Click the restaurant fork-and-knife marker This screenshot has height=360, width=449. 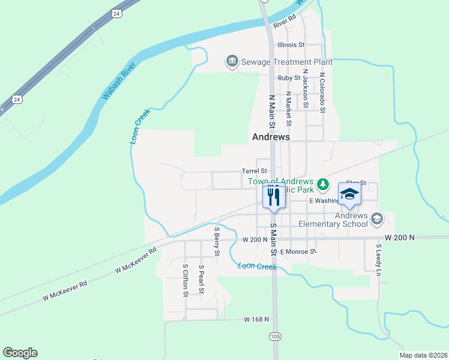[274, 196]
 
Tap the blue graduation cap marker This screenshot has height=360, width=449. [349, 194]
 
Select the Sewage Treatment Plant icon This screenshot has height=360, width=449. [232, 61]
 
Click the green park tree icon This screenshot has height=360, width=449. [323, 182]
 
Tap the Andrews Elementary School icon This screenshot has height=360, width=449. [376, 218]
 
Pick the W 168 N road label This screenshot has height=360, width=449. [257, 319]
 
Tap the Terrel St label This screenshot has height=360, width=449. [254, 171]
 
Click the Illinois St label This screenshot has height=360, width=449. [291, 44]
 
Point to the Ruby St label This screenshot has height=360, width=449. [288, 78]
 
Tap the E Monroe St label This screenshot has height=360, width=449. [297, 251]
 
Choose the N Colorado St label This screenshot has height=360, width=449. [322, 93]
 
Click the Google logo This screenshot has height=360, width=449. [20, 353]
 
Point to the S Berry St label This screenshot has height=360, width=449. [216, 238]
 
